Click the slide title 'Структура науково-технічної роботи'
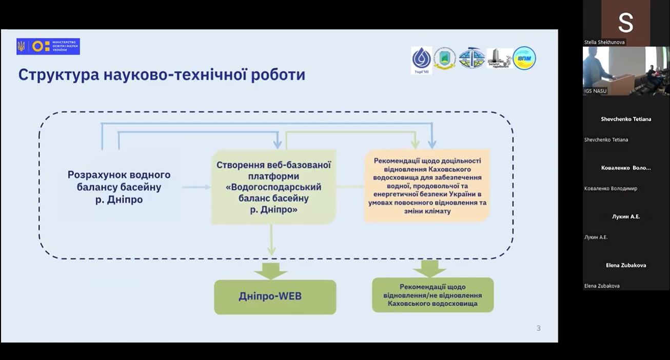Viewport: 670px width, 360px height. click(162, 75)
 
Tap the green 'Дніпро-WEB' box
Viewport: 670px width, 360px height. click(275, 296)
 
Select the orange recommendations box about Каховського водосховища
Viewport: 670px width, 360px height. click(427, 186)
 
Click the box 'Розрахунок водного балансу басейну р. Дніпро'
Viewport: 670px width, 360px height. click(119, 187)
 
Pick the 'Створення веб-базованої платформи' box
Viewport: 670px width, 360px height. click(273, 187)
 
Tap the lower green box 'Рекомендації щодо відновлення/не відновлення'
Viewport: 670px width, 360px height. click(432, 295)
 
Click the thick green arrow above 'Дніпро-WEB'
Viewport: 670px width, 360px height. click(270, 270)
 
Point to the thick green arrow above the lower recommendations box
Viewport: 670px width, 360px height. click(429, 268)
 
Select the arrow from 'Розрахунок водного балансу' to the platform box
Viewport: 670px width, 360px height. click(196, 187)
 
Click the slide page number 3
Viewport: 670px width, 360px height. click(538, 328)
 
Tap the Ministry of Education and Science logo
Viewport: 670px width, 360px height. click(48, 47)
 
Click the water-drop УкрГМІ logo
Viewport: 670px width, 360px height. click(421, 59)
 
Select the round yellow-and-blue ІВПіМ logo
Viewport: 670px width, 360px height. click(524, 58)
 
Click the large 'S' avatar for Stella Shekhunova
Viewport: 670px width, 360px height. click(625, 23)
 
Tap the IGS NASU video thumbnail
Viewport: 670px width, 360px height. click(625, 71)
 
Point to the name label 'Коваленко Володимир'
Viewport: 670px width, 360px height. click(610, 188)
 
